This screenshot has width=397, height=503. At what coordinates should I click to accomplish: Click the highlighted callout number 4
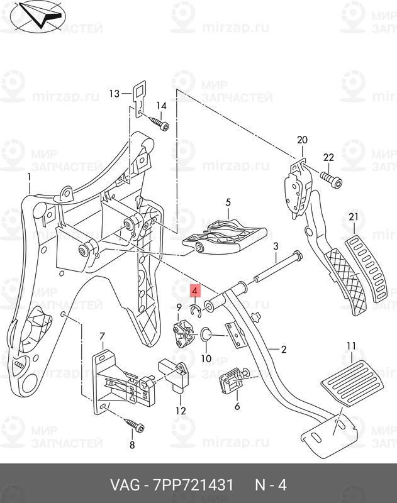click(x=195, y=291)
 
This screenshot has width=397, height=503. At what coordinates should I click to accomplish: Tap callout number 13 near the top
click(x=113, y=94)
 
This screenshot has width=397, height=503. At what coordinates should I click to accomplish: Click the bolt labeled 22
click(x=333, y=181)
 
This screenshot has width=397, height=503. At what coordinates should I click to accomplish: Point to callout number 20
click(x=301, y=140)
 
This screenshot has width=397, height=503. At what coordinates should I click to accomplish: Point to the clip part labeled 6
click(x=231, y=380)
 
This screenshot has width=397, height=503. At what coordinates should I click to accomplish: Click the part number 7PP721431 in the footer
click(x=190, y=485)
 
